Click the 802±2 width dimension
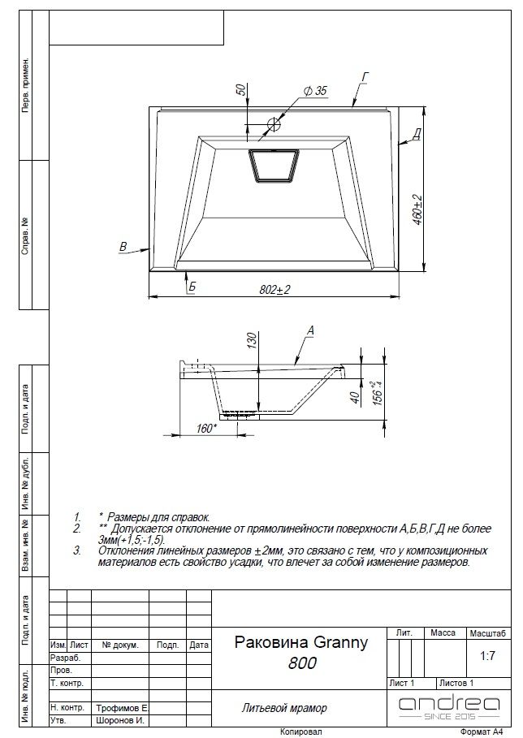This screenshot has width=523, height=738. click(x=274, y=290)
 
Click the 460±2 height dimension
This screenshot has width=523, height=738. click(x=418, y=209)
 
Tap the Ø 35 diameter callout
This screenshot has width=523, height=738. click(x=315, y=90)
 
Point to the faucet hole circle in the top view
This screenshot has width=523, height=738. click(x=274, y=124)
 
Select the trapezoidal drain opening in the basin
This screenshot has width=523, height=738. click(x=274, y=165)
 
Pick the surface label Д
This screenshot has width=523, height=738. click(x=417, y=135)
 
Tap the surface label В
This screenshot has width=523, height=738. click(x=123, y=246)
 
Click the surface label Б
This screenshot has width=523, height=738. click(x=192, y=287)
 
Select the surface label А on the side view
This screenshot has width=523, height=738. click(x=310, y=331)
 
